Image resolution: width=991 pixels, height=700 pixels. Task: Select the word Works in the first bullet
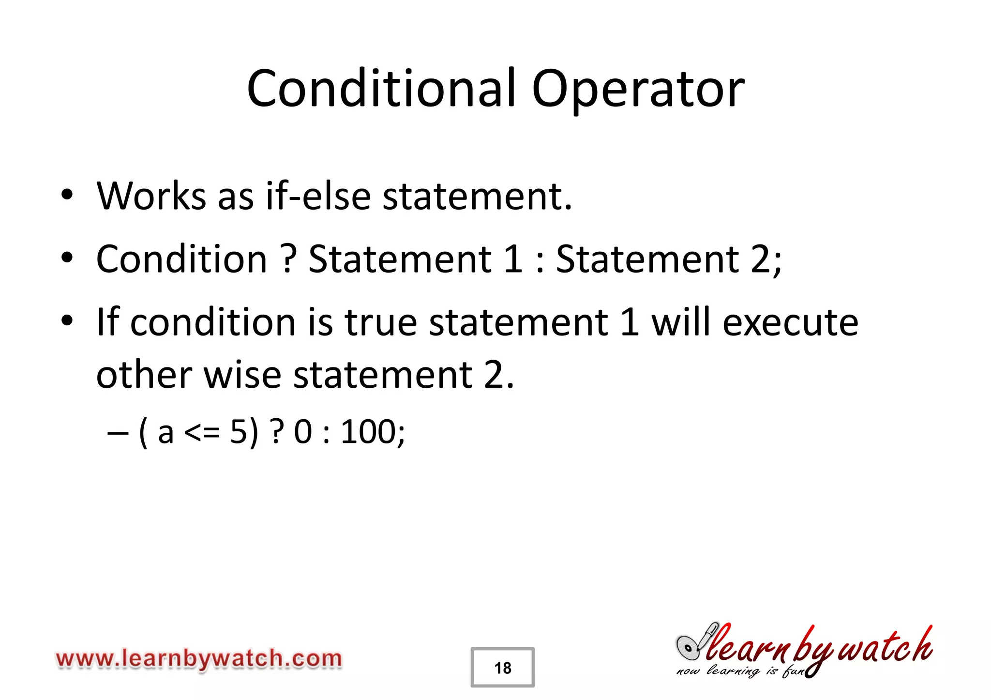pyautogui.click(x=151, y=196)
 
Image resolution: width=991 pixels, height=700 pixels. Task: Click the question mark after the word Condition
pyautogui.click(x=288, y=259)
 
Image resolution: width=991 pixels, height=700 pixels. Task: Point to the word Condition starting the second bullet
pyautogui.click(x=181, y=259)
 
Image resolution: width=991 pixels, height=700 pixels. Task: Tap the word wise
pyautogui.click(x=242, y=375)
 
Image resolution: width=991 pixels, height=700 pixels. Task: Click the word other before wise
pyautogui.click(x=144, y=375)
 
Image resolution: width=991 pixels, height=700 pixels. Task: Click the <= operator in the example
pyautogui.click(x=202, y=432)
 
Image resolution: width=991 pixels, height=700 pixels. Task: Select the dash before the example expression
pyautogui.click(x=118, y=432)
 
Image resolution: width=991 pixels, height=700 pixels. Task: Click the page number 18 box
pyautogui.click(x=502, y=668)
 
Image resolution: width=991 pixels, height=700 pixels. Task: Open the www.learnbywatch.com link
pyautogui.click(x=199, y=659)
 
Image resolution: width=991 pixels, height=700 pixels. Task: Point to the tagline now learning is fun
pyautogui.click(x=740, y=671)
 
